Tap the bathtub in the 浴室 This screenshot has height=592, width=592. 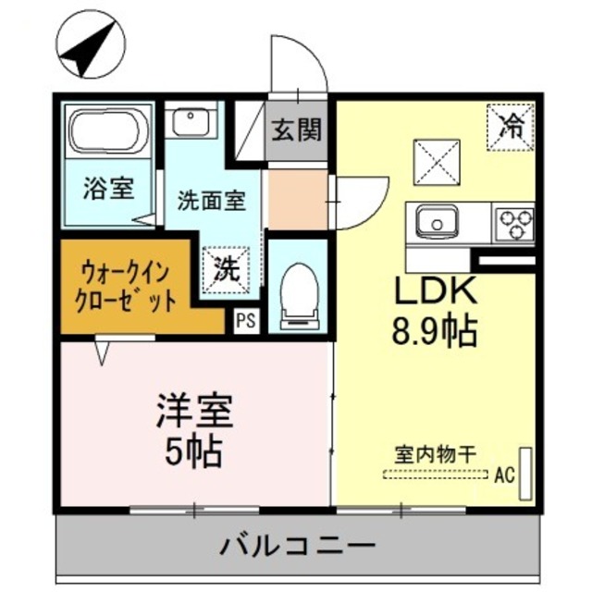coord(109,132)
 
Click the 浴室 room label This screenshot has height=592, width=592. coord(109,189)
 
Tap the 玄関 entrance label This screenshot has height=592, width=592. coord(298,130)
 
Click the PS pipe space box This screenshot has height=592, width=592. coord(245,321)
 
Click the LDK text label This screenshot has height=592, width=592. coord(437,291)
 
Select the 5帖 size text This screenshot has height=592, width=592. coord(192,450)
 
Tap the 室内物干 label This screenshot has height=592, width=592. coord(435,454)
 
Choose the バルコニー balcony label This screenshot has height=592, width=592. coord(298,546)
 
